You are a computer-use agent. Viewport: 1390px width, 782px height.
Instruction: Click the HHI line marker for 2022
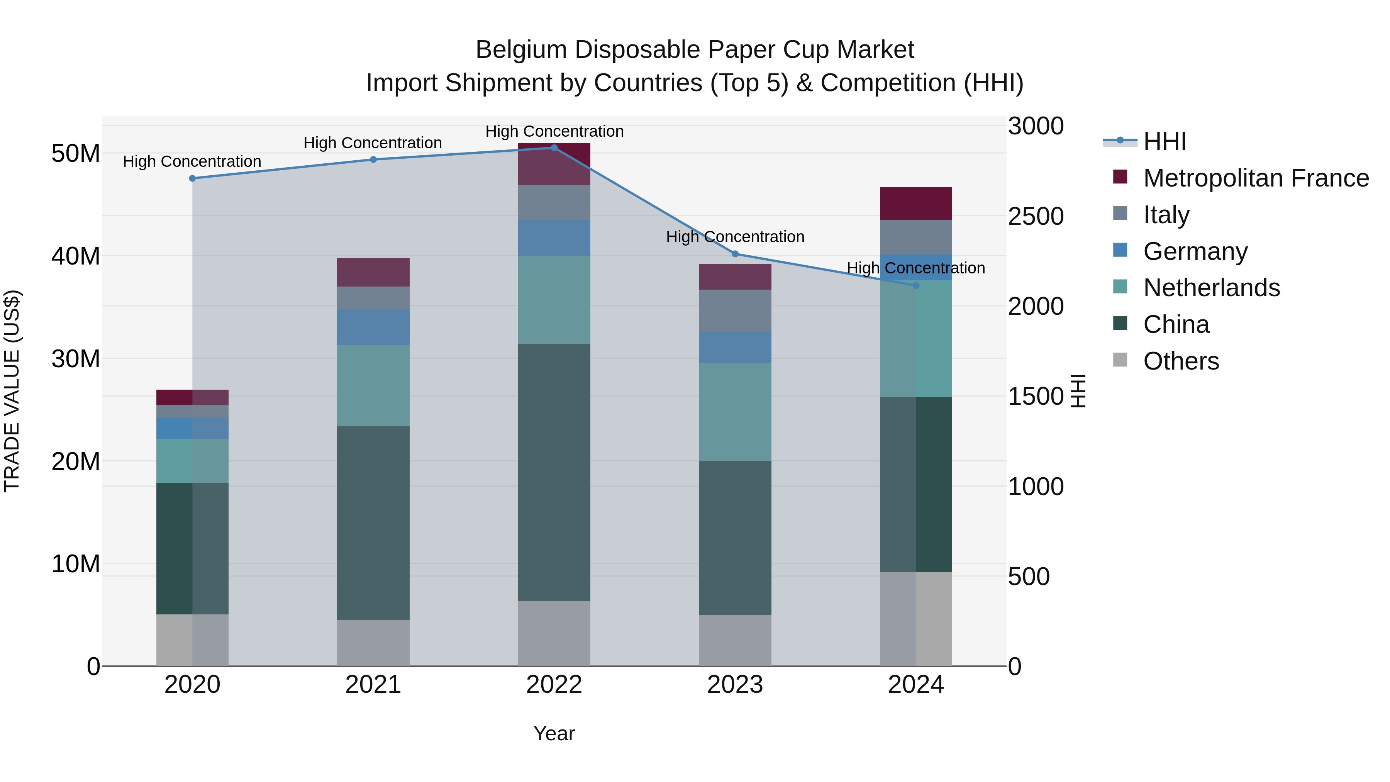click(x=554, y=148)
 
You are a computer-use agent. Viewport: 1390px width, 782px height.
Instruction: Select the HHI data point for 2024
click(x=916, y=285)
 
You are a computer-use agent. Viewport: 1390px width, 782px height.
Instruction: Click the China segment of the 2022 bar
click(x=554, y=472)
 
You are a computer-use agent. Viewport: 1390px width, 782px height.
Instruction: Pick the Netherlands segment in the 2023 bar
click(x=735, y=412)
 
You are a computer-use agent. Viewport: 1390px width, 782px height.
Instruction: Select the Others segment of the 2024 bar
click(x=916, y=619)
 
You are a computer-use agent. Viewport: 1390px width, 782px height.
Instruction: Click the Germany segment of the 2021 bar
click(x=373, y=327)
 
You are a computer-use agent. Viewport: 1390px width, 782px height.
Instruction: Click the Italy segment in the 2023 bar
click(x=735, y=310)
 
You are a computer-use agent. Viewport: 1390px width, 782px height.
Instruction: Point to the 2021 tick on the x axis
click(x=373, y=685)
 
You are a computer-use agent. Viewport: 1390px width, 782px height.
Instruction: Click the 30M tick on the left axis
click(x=76, y=359)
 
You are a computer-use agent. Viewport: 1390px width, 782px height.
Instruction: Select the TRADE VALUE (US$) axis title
click(x=12, y=391)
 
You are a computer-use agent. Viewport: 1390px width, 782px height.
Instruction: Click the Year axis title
click(x=554, y=733)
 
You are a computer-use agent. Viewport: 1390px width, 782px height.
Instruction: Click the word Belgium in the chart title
click(x=521, y=50)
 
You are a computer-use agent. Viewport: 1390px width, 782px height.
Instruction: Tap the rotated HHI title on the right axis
click(x=1078, y=391)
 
